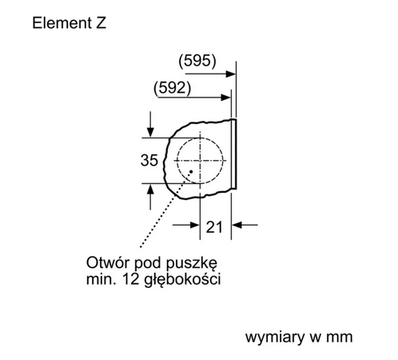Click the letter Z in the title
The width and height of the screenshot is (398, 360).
pyautogui.click(x=99, y=23)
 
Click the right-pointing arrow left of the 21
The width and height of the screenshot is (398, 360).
pyautogui.click(x=194, y=226)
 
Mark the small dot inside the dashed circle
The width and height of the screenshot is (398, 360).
pyautogui.click(x=192, y=170)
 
